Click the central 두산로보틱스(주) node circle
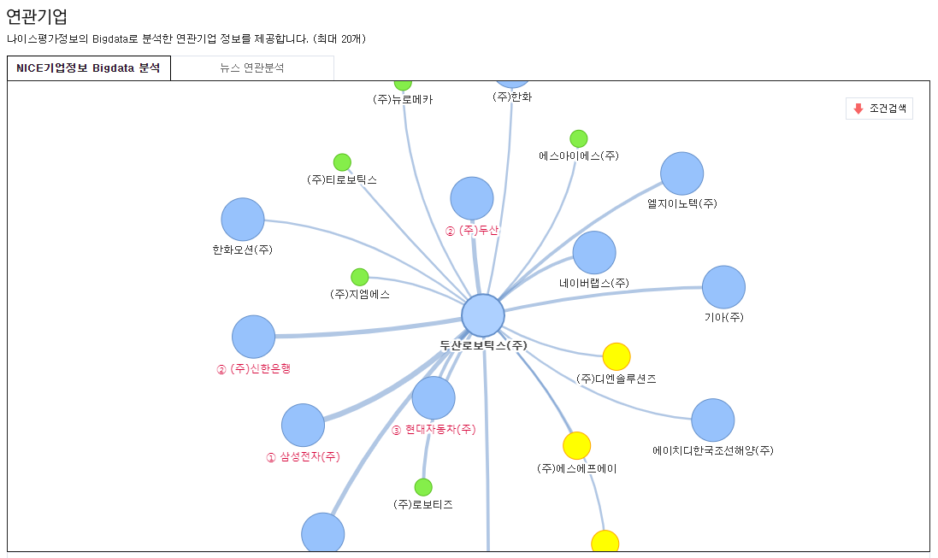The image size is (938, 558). [x=483, y=315]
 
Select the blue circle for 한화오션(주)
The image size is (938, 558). [x=243, y=220]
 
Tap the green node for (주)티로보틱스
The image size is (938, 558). [x=342, y=162]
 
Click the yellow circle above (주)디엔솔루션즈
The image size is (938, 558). [x=616, y=356]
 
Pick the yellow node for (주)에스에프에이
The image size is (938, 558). [x=576, y=445]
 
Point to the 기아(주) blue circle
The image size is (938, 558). [x=723, y=287]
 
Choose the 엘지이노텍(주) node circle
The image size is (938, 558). [x=681, y=173]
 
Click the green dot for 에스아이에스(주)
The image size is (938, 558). [x=579, y=138]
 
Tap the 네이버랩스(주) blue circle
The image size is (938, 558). [x=594, y=252]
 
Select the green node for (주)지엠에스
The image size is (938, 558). [x=360, y=277]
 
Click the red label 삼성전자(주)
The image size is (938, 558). [x=310, y=457]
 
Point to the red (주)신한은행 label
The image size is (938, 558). [x=260, y=369]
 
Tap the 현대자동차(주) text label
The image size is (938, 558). [x=440, y=430]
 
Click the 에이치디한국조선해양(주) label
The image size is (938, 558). [x=712, y=450]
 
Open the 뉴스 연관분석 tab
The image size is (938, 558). [x=251, y=68]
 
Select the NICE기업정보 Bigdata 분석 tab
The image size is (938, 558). [x=88, y=68]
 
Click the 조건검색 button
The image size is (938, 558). [x=880, y=109]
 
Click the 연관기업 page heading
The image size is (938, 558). [x=37, y=16]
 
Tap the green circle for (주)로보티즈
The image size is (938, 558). [x=423, y=487]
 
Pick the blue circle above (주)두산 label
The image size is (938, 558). [x=472, y=198]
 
